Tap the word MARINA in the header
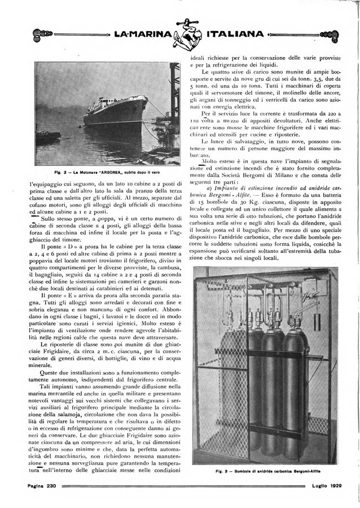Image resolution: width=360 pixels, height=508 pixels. (x=142, y=34)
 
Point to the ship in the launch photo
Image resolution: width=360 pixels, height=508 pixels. (x=116, y=111)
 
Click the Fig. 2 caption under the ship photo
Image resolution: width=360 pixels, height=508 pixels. (x=107, y=171)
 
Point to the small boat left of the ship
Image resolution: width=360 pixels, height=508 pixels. (x=49, y=136)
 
